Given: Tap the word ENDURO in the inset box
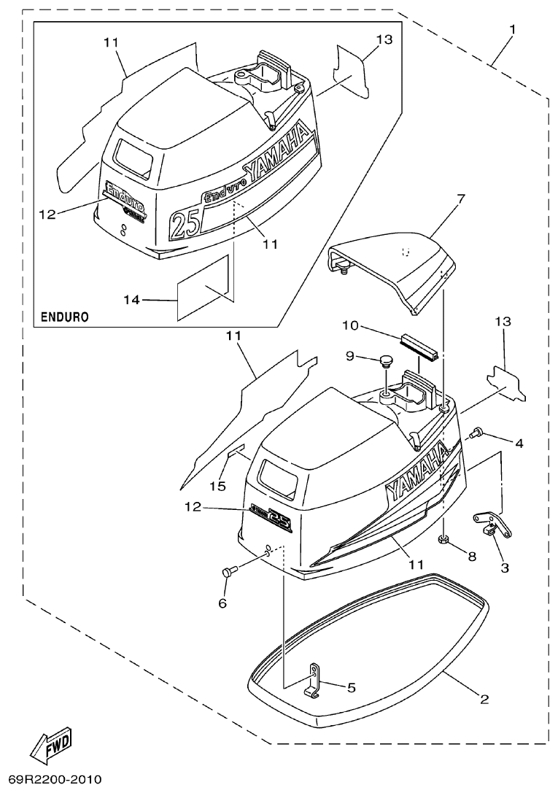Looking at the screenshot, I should pos(66,317).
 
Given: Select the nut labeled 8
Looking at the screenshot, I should pos(443,541).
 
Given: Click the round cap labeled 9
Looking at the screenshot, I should pos(386,361).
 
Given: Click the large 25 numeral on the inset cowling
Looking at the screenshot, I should pos(185,222).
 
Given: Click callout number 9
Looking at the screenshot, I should pos(349,356).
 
